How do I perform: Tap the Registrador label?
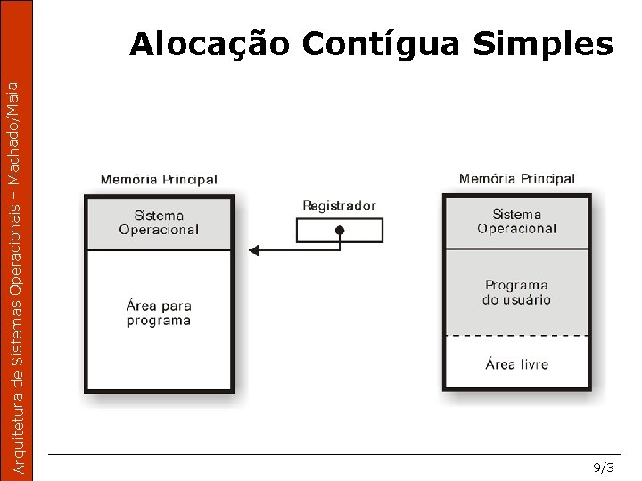pos(339,206)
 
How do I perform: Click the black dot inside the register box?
pos(339,231)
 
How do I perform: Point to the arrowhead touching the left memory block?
pos(254,251)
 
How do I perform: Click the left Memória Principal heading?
pos(159,179)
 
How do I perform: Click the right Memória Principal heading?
pos(517,179)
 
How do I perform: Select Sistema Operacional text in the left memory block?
pos(159,223)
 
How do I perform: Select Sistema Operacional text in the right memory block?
pos(516,222)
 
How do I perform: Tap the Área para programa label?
pos(159,313)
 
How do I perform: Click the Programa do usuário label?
pos(516,292)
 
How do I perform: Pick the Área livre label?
pos(516,363)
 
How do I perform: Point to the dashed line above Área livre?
pos(516,335)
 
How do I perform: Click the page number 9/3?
pos(604,468)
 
